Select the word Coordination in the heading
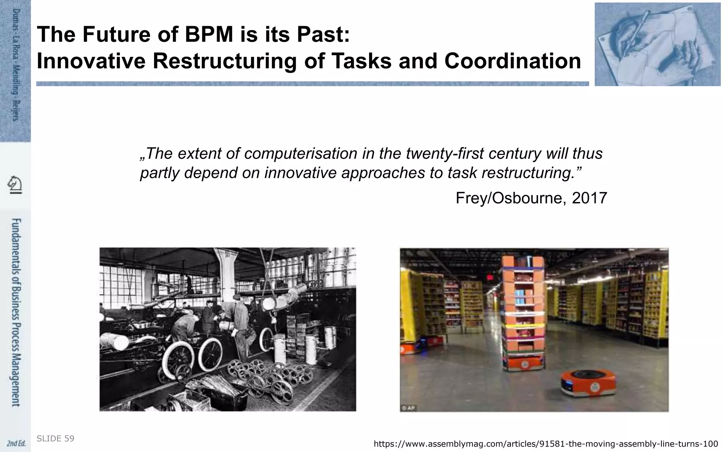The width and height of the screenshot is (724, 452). click(x=513, y=61)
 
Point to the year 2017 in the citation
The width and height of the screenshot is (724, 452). click(x=589, y=198)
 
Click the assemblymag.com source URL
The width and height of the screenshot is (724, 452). click(x=545, y=444)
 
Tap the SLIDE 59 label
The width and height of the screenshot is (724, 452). click(x=56, y=439)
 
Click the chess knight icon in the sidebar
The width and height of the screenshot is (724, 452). click(x=15, y=185)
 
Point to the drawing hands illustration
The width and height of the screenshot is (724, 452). click(x=657, y=44)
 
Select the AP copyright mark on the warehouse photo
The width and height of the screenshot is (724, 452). click(x=408, y=408)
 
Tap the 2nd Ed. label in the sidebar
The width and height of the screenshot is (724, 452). click(x=16, y=443)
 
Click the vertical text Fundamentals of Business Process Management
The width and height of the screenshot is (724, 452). click(x=16, y=313)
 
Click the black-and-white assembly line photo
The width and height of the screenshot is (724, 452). click(x=228, y=329)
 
